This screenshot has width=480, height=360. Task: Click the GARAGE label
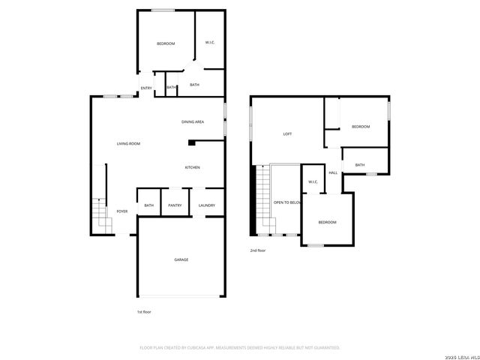(181, 259)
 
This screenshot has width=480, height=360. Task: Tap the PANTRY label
(175, 205)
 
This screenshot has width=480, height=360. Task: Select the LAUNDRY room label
(207, 205)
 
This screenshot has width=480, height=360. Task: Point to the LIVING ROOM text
(128, 143)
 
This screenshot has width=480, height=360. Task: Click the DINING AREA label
(193, 121)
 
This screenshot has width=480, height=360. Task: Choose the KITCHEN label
(192, 167)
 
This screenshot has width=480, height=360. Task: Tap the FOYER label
(121, 212)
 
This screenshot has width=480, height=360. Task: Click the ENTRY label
(146, 88)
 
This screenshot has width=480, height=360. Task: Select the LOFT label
(287, 134)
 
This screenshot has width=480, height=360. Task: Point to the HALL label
(332, 172)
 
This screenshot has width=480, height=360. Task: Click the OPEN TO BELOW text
(287, 202)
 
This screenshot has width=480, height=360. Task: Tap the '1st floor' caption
(144, 311)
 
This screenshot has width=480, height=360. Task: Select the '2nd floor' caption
(258, 250)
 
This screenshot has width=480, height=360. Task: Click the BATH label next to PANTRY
(148, 205)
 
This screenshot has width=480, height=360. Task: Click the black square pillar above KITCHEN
(191, 141)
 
